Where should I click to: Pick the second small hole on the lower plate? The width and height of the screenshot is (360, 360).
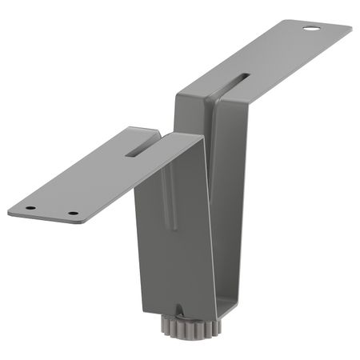click(73, 214)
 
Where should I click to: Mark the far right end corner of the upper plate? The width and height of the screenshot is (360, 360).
click(350, 30)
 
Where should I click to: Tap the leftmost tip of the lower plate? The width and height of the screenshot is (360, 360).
click(10, 212)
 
